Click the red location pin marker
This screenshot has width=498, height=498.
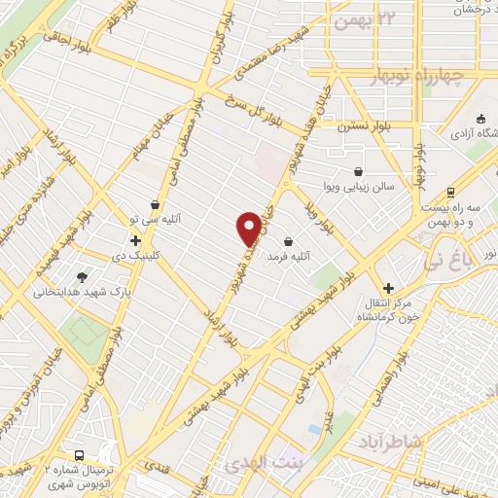(249, 229)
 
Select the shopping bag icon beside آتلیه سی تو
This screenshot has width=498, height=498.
(156, 204)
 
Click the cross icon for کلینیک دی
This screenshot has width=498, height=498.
(135, 239)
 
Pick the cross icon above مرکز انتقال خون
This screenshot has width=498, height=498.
(389, 288)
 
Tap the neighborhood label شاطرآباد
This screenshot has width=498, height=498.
(425, 442)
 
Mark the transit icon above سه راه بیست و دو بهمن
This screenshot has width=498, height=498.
(449, 192)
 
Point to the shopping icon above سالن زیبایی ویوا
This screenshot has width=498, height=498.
(359, 170)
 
